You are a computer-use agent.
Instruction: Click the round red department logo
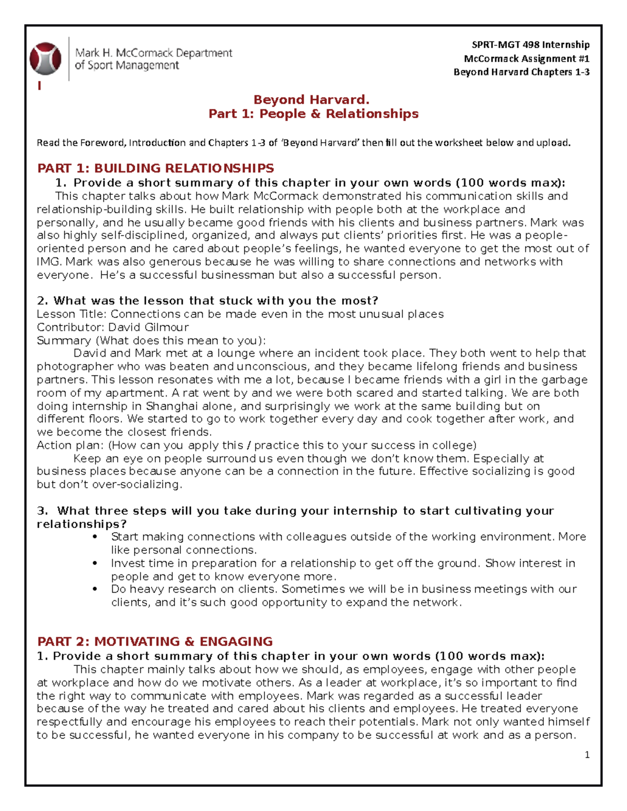coord(45,58)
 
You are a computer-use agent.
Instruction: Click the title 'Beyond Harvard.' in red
coord(311,100)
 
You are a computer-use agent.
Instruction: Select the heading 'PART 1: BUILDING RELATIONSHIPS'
coord(156,168)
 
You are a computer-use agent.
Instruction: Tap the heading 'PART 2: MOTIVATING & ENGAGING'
coord(155,641)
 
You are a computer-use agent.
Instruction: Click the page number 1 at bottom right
coord(587,755)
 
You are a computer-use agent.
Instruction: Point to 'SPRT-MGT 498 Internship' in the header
coord(530,45)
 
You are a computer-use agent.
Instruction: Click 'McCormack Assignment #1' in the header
coord(526,58)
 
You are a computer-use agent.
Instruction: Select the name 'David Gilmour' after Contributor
coord(148,327)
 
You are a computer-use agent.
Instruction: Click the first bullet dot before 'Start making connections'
coord(95,537)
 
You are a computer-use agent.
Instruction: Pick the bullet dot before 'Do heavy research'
coord(95,589)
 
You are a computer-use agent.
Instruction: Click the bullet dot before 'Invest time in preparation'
coord(95,563)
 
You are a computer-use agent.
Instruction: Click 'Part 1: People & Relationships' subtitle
coord(313,114)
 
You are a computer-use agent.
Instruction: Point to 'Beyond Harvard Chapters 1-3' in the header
coord(521,72)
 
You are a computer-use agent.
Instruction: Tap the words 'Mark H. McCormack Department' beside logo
coord(154,53)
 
